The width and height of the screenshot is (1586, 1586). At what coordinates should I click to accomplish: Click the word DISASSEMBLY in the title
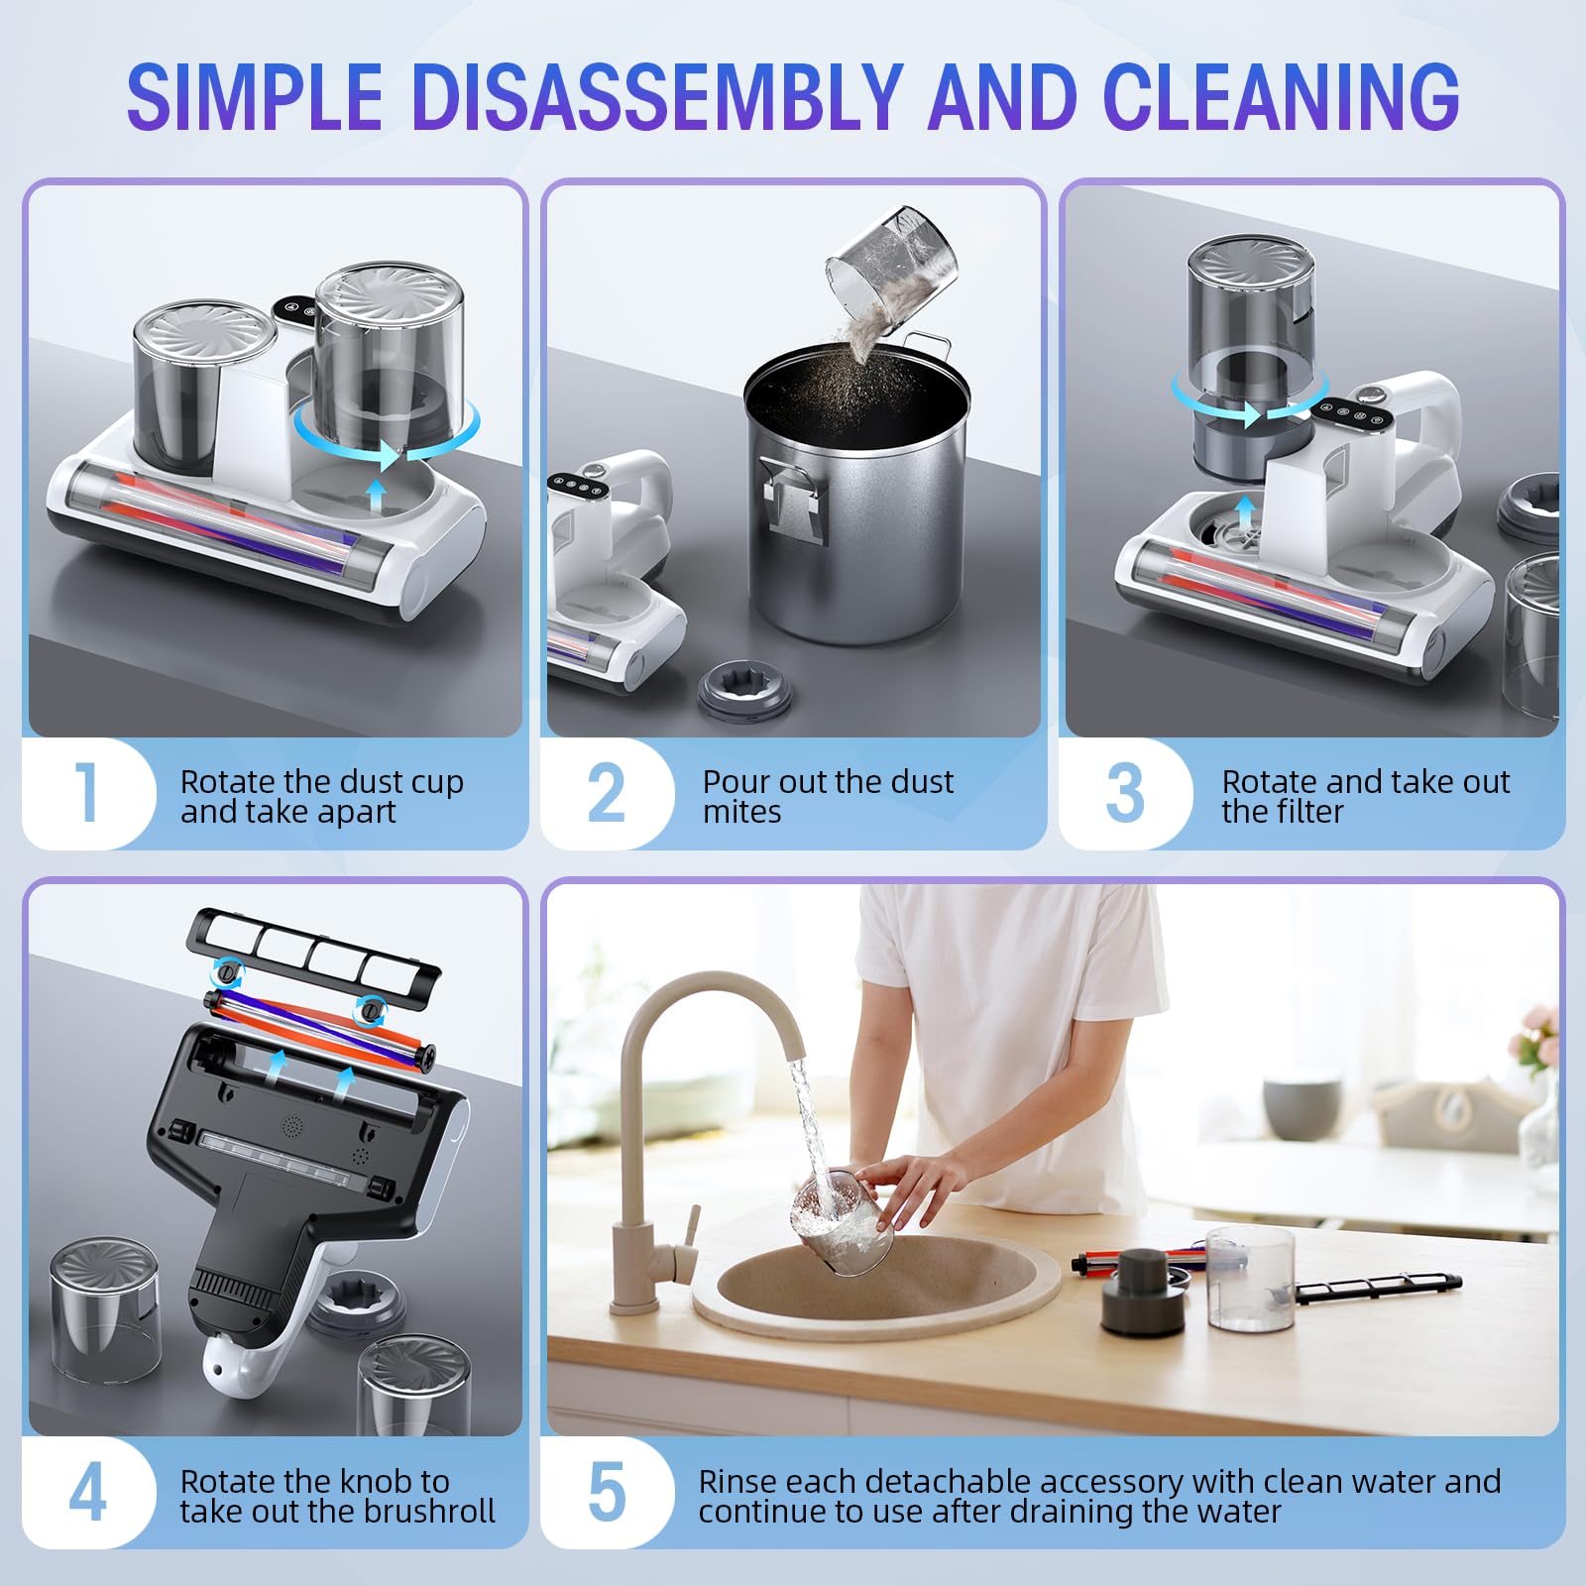pos(657,96)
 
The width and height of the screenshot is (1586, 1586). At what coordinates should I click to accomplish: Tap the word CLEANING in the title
pos(1281,96)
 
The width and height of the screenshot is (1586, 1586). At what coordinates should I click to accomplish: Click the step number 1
pos(87,793)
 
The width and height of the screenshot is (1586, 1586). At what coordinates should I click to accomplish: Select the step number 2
pos(607,793)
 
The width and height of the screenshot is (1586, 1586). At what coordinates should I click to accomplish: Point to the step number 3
pos(1125,793)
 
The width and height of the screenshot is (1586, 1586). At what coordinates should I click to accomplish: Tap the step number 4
pos(87,1492)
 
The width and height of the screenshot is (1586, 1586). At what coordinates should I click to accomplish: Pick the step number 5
pos(607,1492)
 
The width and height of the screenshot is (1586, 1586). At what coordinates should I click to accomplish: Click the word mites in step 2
pos(741,812)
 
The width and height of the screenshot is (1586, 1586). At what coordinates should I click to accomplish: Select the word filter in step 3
pos(1311,812)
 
